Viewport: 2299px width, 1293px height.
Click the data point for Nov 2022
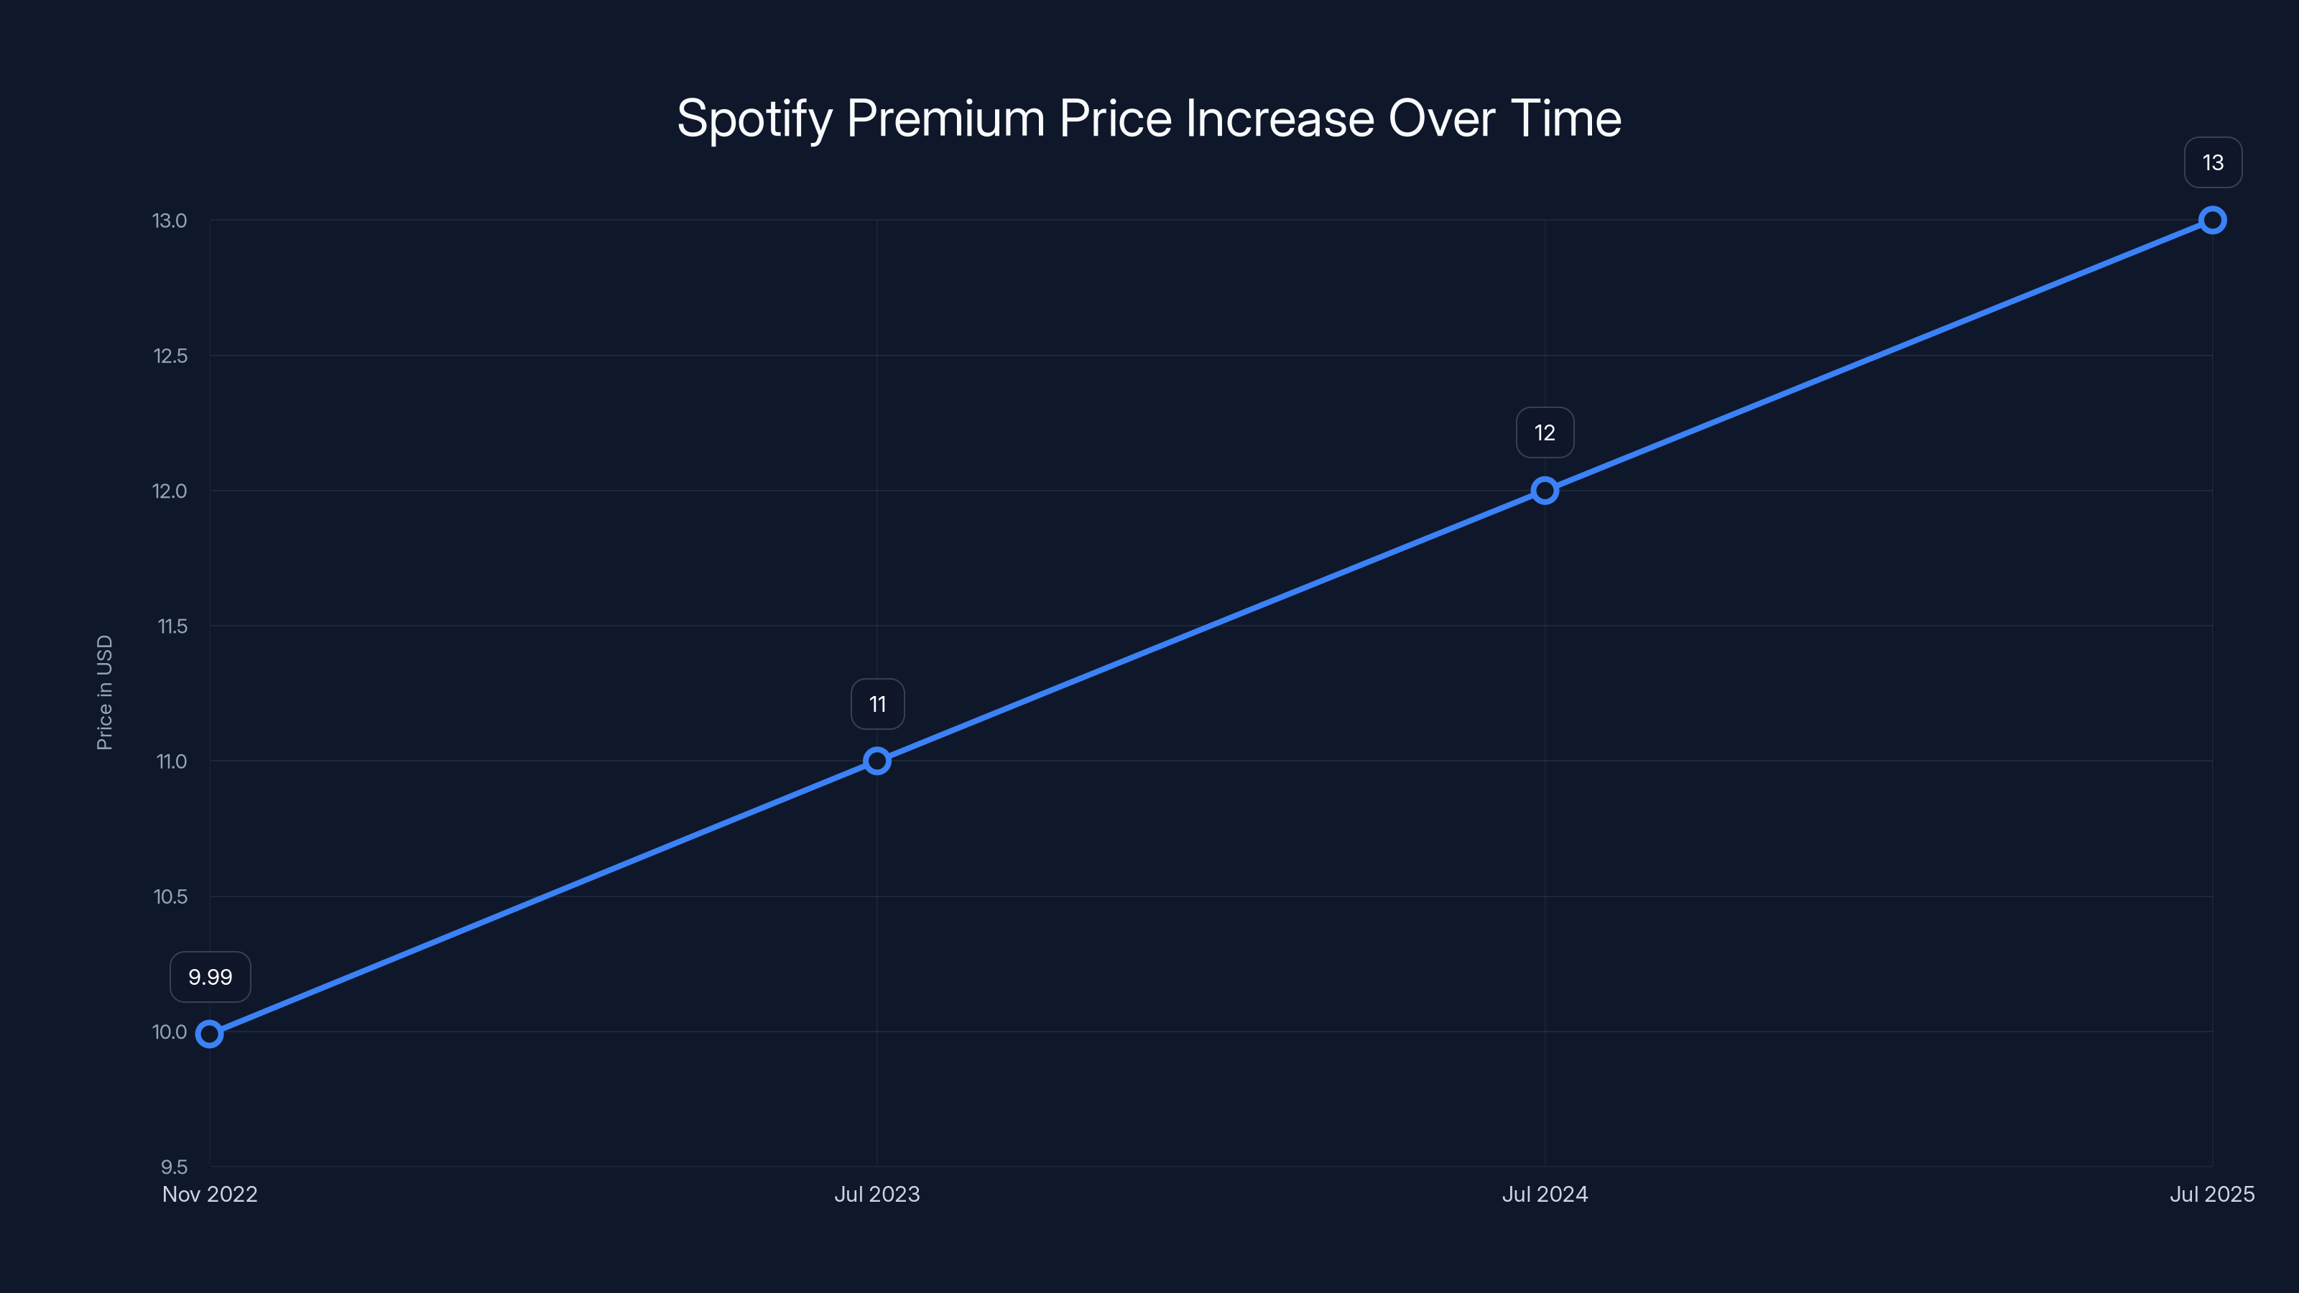tap(210, 1034)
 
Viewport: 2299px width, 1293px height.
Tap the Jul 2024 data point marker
tap(1545, 491)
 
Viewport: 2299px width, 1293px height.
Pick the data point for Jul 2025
tap(2213, 221)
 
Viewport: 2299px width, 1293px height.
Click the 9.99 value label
tap(211, 977)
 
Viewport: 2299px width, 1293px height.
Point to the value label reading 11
tap(877, 705)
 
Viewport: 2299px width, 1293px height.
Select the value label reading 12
tap(1545, 432)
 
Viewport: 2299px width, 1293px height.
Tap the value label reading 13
tap(2213, 162)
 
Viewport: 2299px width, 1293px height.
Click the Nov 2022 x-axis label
tap(210, 1194)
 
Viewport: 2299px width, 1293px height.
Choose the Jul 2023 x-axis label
tap(877, 1194)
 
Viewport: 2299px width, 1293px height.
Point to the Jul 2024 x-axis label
tap(1545, 1194)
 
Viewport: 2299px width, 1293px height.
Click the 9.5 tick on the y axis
tap(174, 1167)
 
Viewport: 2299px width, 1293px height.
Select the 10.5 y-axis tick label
tap(170, 896)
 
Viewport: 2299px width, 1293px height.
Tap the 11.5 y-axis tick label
tap(172, 626)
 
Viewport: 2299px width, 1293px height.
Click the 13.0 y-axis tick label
tap(170, 221)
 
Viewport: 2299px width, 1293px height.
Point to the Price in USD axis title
tap(104, 692)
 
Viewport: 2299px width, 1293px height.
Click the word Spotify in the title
tap(754, 119)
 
